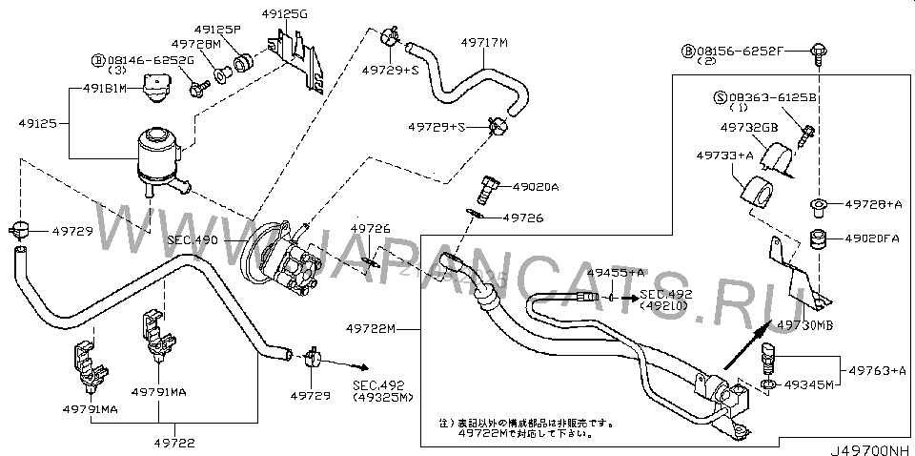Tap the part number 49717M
coord(484,42)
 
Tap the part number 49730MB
coord(805,324)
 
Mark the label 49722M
coord(376,329)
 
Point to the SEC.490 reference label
coord(192,240)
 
